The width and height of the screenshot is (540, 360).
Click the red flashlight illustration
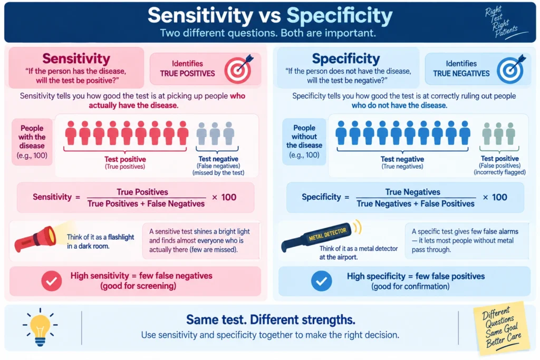click(x=35, y=239)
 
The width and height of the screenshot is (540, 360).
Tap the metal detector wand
click(x=317, y=237)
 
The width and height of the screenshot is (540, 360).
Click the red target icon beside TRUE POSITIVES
click(x=238, y=69)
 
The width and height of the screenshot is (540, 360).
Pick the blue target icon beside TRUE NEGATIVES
click(x=510, y=69)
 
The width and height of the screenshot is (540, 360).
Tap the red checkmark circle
click(x=52, y=281)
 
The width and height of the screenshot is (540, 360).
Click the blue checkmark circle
click(x=321, y=281)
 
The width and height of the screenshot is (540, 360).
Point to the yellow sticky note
click(x=503, y=328)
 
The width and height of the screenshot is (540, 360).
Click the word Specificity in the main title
click(x=339, y=15)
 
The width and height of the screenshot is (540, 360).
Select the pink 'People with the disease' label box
click(x=32, y=142)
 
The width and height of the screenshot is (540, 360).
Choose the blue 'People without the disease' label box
click(x=304, y=141)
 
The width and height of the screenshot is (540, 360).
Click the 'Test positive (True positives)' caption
click(x=125, y=163)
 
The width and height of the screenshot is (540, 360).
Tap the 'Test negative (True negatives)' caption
click(x=402, y=163)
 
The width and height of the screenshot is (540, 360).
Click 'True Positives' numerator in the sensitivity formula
click(x=142, y=192)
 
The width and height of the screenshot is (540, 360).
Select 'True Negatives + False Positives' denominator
click(x=416, y=204)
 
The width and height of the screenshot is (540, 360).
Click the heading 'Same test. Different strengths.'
click(x=271, y=320)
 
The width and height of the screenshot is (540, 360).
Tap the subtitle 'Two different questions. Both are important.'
click(x=268, y=33)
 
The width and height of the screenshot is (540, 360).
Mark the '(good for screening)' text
click(x=138, y=286)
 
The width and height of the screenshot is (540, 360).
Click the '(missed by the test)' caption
click(x=218, y=173)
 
